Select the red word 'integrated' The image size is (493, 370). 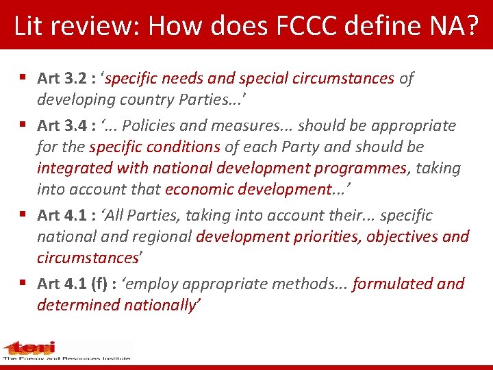point(72,169)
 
